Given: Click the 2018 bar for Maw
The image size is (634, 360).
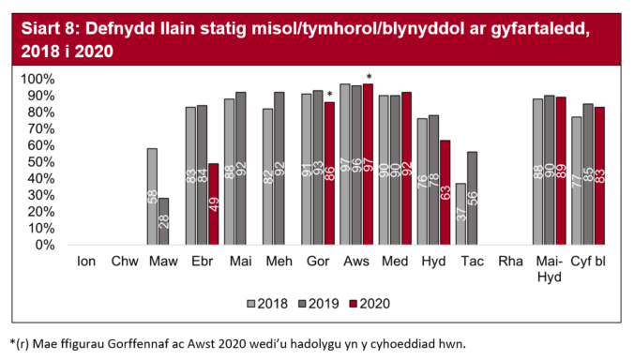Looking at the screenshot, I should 152,196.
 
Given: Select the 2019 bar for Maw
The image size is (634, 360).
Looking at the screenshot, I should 163,221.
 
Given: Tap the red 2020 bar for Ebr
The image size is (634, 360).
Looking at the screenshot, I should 213,203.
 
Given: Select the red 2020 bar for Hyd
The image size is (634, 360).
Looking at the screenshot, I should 444,192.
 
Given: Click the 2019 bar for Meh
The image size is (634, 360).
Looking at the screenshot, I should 279,168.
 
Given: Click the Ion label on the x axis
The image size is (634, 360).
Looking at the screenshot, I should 85,260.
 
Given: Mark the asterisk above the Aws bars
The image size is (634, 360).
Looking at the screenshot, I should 370,77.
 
